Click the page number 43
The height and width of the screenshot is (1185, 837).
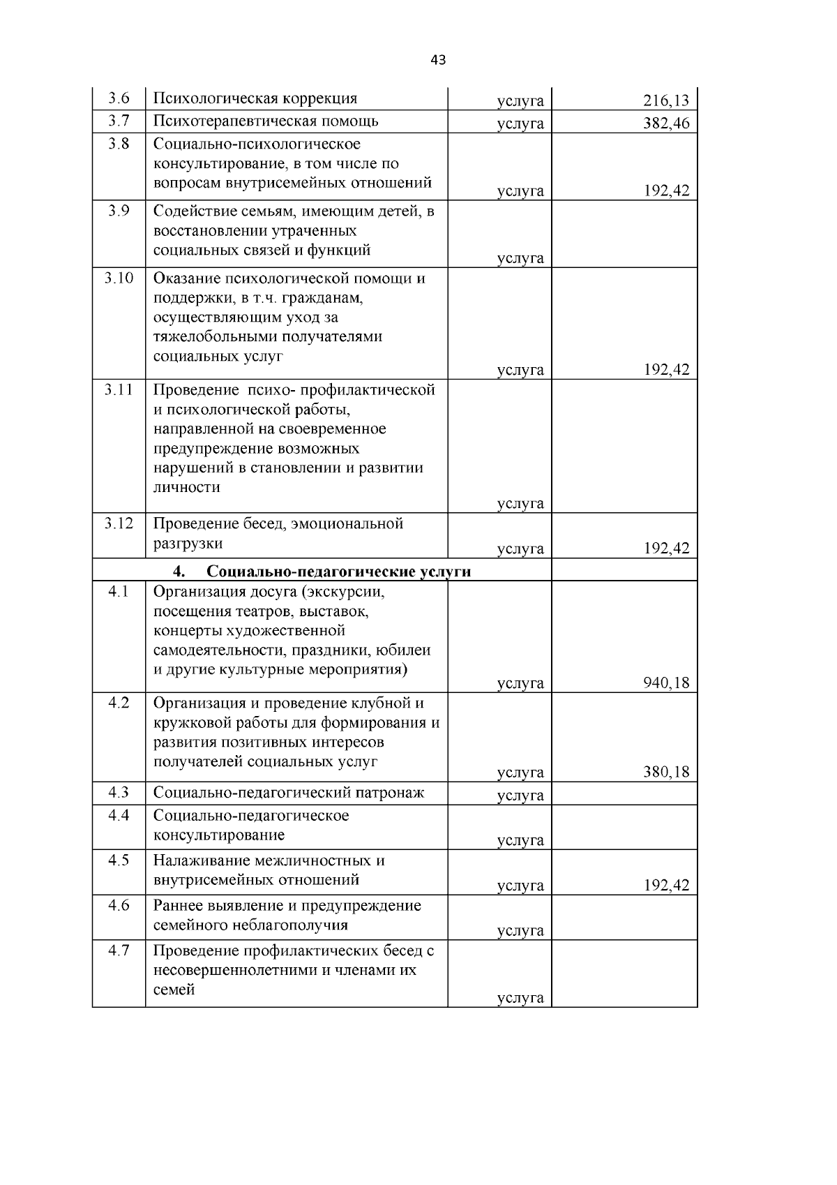coord(438,60)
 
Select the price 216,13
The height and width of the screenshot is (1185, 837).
coord(665,101)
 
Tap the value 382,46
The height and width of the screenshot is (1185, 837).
coord(665,124)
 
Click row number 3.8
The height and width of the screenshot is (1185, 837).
coord(119,144)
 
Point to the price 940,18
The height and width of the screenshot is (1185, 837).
coord(665,683)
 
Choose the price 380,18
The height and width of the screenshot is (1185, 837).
coord(665,772)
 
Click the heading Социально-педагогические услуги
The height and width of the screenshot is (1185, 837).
coord(338,572)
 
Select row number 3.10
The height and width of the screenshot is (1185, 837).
coord(119,278)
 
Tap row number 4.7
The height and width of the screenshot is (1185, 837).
coord(119,951)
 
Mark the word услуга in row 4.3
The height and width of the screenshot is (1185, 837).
coord(520,795)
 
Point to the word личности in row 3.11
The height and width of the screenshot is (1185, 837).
coord(186,487)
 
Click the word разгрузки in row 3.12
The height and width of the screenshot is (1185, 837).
coord(188,544)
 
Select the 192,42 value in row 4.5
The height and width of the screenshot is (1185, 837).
coord(665,886)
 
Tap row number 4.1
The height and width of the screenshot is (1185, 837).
coord(119,592)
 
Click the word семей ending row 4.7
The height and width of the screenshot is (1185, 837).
coord(174,990)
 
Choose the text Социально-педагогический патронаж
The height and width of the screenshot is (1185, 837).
coord(289,793)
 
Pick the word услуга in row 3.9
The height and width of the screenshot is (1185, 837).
coord(520,258)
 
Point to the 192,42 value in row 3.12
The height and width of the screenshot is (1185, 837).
coord(665,549)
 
